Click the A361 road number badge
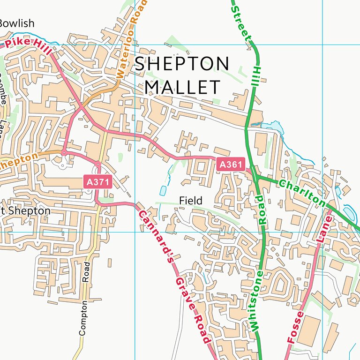[x=231, y=164]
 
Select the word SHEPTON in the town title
[x=182, y=64]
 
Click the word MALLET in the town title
[x=182, y=87]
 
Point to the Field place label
[x=191, y=201]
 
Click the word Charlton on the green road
[x=302, y=192]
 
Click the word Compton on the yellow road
[x=83, y=317]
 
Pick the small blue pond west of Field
[x=163, y=190]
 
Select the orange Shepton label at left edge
[x=18, y=161]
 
